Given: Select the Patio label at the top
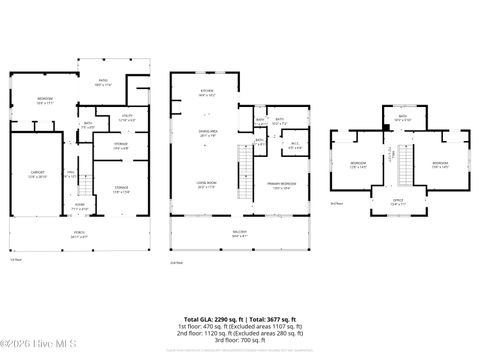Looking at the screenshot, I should tap(104, 84).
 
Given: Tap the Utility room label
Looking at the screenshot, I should tap(127, 118).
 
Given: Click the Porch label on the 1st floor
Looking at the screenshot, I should tap(79, 235).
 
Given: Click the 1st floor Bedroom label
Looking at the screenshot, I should tap(45, 100).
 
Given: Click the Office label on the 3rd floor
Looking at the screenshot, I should tap(398, 202).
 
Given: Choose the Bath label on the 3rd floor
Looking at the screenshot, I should tap(402, 118).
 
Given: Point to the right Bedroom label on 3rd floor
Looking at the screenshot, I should tap(440, 164).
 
